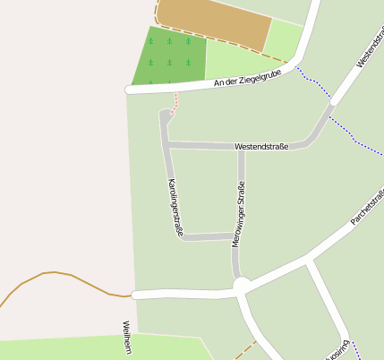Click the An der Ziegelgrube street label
[249, 77]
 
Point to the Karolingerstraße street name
[175, 208]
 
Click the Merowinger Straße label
[238, 214]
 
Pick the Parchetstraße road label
[367, 206]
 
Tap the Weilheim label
[126, 338]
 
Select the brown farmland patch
[215, 21]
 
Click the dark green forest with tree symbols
[169, 56]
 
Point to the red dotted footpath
[175, 102]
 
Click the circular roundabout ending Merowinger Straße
[242, 286]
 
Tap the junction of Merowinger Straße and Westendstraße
[241, 147]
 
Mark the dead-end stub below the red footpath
[165, 116]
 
